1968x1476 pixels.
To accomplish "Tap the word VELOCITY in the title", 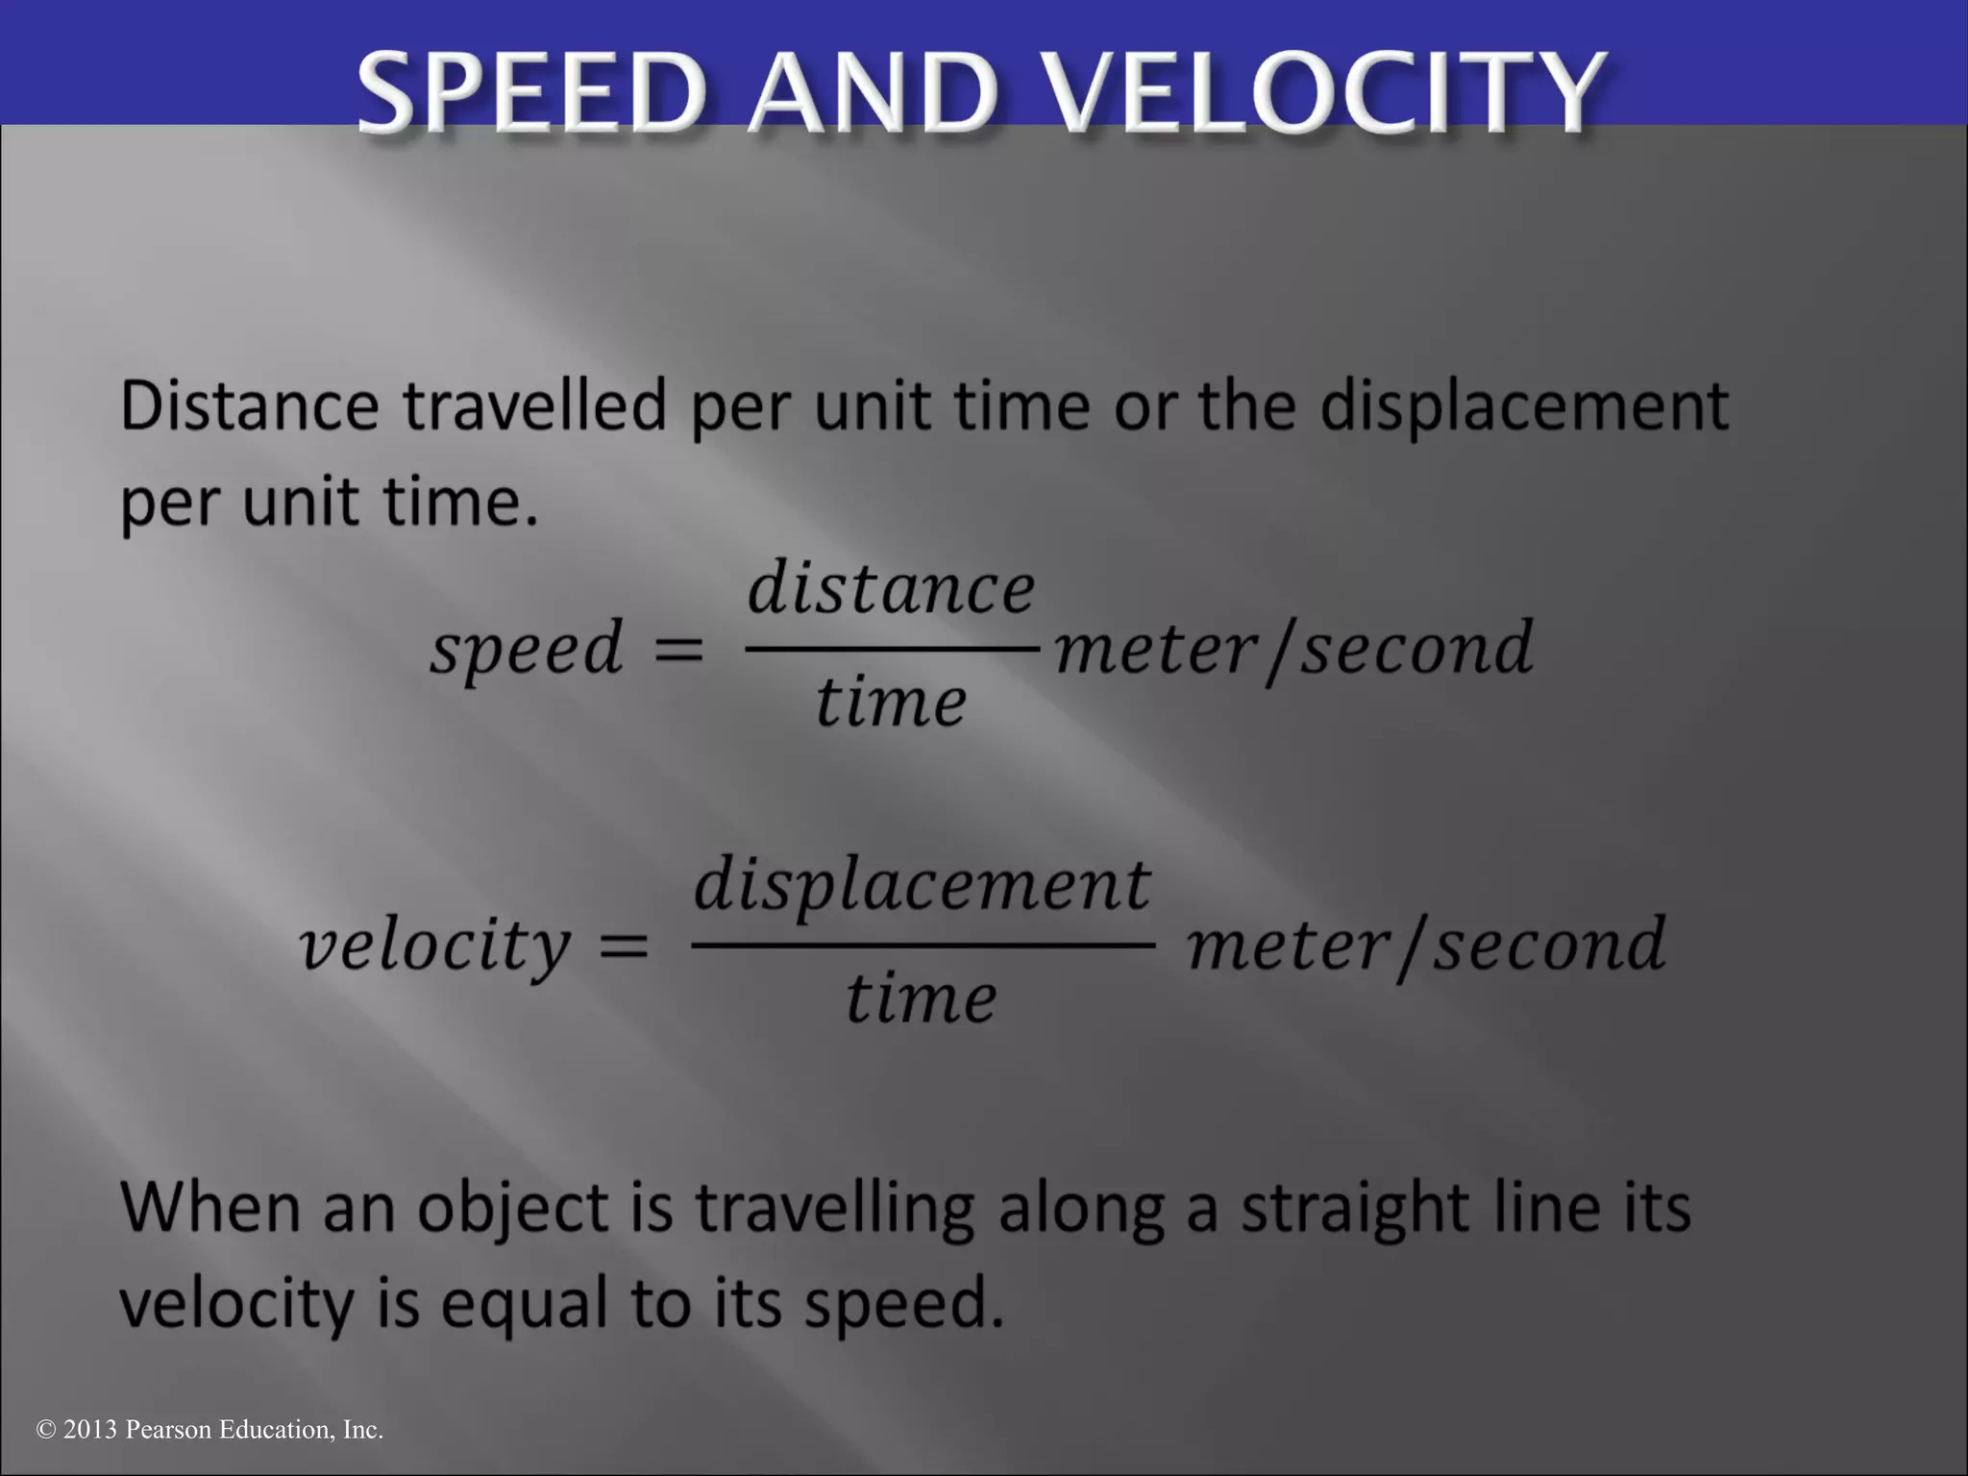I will coord(1326,93).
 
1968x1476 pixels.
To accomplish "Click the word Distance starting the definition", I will coord(249,406).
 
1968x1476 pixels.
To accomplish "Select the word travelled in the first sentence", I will coord(534,406).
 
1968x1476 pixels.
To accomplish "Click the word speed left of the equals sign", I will coord(527,650).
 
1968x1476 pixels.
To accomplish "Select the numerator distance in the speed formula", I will coord(891,588).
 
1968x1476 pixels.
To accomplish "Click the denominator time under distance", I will coord(891,701).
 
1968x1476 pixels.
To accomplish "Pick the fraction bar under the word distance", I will coord(891,649).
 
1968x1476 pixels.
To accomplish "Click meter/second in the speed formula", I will coord(1293,650).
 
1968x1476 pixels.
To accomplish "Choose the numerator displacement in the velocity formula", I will coord(922,885).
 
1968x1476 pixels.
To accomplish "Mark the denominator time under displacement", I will coord(921,998).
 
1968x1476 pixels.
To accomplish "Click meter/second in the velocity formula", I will coord(1426,946).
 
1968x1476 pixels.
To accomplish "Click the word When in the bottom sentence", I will coord(210,1207).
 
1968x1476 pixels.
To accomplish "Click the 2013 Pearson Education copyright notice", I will coord(209,1430).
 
